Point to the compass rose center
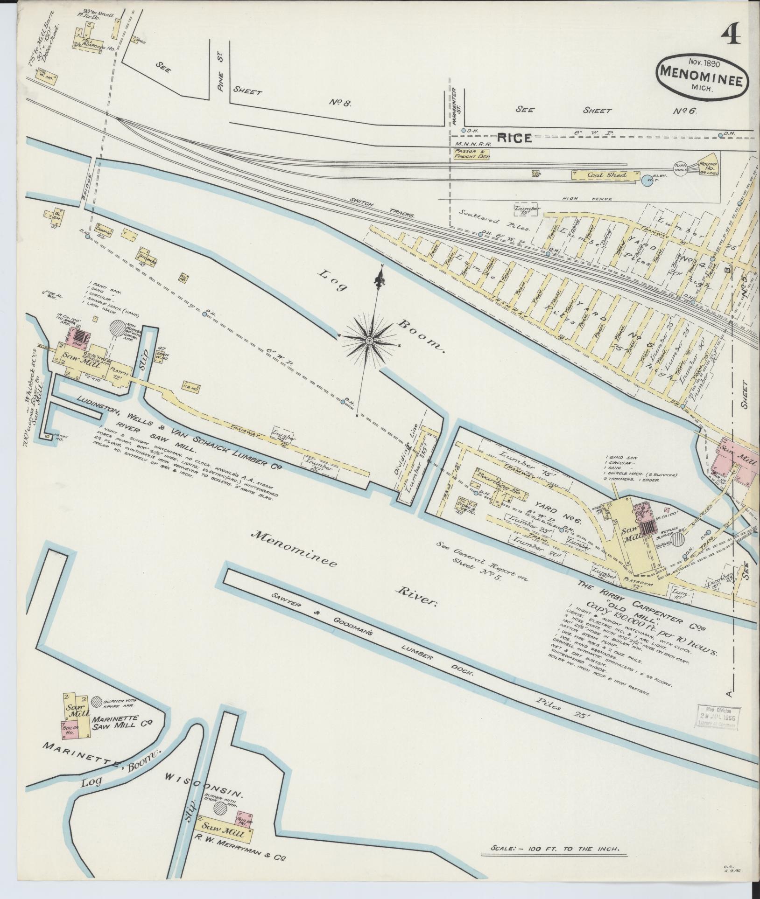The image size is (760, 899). (369, 341)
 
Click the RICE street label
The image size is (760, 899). (514, 138)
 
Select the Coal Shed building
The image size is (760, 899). (605, 175)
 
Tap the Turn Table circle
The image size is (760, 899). (681, 168)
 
